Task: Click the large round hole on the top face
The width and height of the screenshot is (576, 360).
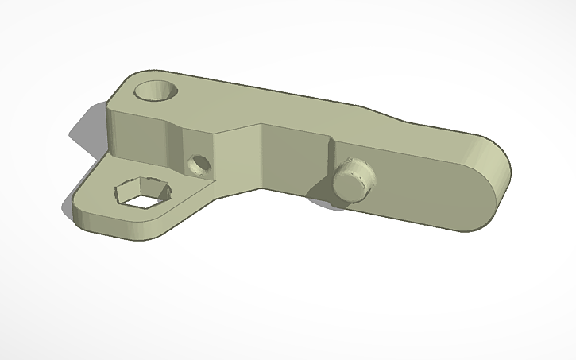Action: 156,89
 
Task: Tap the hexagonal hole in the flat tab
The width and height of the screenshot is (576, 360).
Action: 144,192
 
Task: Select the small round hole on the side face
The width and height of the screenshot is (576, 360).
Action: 199,165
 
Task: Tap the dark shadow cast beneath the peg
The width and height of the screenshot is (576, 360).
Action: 322,195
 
